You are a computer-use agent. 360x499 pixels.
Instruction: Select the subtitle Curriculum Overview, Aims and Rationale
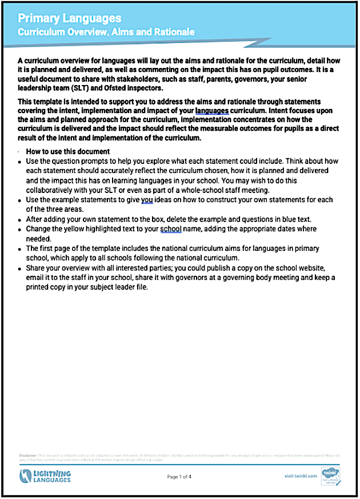[106, 33]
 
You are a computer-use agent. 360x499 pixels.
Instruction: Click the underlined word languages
[212, 110]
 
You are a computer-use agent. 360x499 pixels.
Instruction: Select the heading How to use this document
[67, 151]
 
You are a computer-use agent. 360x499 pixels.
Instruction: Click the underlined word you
[147, 200]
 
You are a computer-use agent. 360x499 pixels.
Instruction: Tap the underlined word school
[171, 229]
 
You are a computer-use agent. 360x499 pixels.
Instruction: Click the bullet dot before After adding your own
[20, 220]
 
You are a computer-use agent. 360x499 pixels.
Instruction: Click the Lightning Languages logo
[46, 476]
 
